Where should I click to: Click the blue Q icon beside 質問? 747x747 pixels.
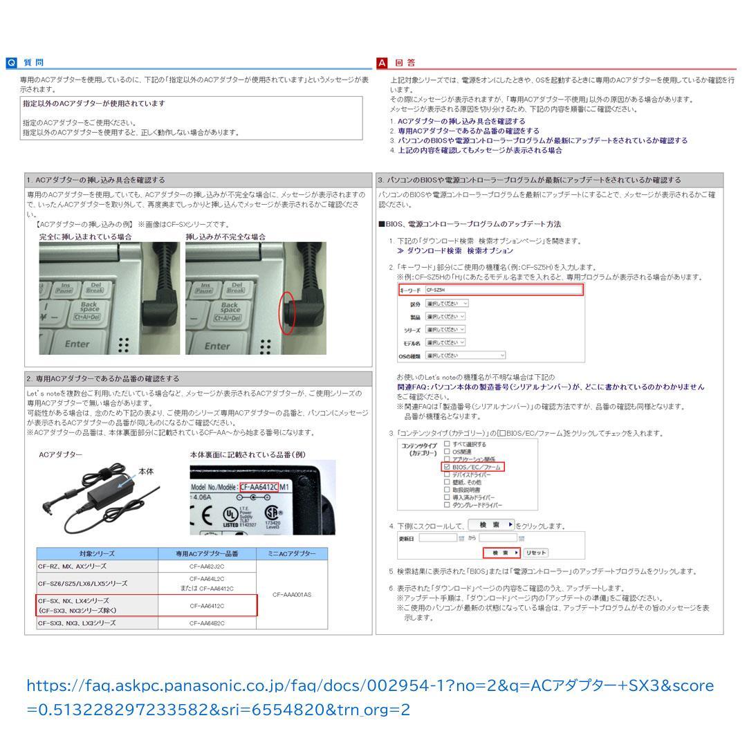11,63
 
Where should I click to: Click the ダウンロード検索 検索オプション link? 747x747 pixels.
455,251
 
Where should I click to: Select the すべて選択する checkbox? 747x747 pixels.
447,444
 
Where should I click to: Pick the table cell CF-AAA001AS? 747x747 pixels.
292,594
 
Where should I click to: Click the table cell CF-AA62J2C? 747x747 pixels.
207,566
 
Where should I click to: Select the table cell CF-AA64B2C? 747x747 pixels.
207,623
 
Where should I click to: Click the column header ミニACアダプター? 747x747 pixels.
292,554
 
